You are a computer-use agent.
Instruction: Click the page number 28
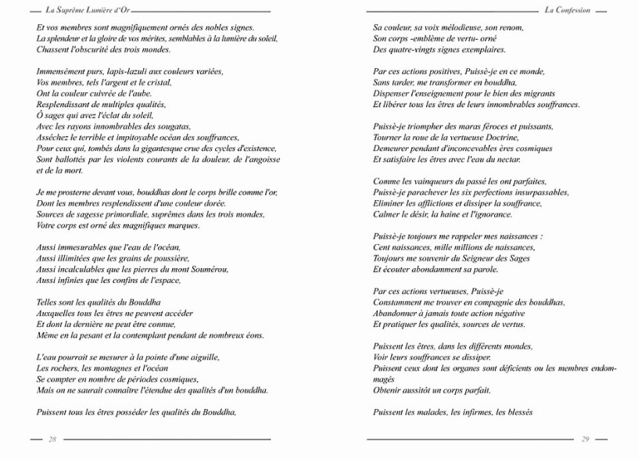[52, 439]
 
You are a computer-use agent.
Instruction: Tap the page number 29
[586, 439]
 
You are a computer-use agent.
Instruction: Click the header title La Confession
[568, 10]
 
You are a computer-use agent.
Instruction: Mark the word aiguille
[202, 357]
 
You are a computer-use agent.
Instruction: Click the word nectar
[504, 159]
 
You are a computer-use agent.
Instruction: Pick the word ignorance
[493, 213]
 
